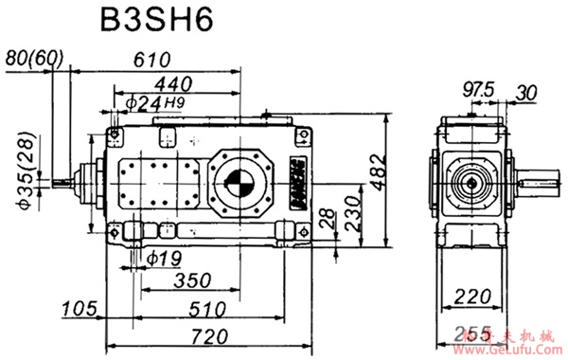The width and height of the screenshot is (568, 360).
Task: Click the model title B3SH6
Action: [x=162, y=20]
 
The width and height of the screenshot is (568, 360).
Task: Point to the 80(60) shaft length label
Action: [x=34, y=58]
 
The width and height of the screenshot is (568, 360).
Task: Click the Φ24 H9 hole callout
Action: [x=162, y=101]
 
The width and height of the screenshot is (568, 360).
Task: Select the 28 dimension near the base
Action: [x=328, y=219]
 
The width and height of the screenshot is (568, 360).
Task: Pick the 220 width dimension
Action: [x=473, y=297]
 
